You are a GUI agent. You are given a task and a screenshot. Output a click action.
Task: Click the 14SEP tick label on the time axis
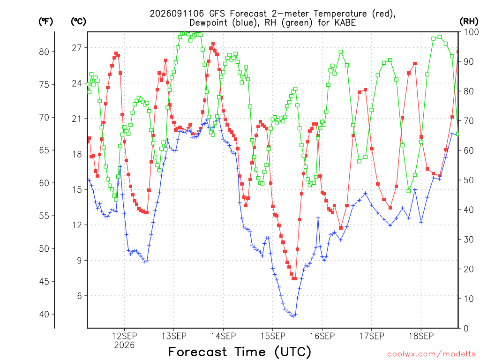click(223, 336)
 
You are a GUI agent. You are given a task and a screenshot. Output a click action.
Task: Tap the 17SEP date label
click(372, 336)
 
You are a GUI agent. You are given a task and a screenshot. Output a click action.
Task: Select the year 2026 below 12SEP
click(124, 345)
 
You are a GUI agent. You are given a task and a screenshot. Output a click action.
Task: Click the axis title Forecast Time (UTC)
click(240, 352)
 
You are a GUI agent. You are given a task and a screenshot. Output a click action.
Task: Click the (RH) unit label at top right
click(469, 22)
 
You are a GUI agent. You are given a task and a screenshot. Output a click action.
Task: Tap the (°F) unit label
click(46, 22)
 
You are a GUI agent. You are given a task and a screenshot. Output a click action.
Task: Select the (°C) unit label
click(78, 22)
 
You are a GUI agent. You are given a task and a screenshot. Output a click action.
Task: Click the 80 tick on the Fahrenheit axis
click(44, 52)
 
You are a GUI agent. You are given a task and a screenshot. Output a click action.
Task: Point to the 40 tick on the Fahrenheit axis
click(44, 314)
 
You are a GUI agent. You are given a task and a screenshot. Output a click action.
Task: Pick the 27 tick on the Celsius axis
click(77, 48)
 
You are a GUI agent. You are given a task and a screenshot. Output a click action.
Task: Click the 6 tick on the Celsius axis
click(80, 296)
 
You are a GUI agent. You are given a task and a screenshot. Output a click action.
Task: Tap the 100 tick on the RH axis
click(471, 32)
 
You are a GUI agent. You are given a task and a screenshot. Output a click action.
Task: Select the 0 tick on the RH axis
click(466, 329)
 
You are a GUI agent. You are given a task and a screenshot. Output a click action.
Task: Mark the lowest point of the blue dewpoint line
click(293, 316)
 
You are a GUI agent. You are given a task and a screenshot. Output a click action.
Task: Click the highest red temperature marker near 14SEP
click(213, 44)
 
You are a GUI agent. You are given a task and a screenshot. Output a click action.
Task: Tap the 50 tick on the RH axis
click(469, 180)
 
